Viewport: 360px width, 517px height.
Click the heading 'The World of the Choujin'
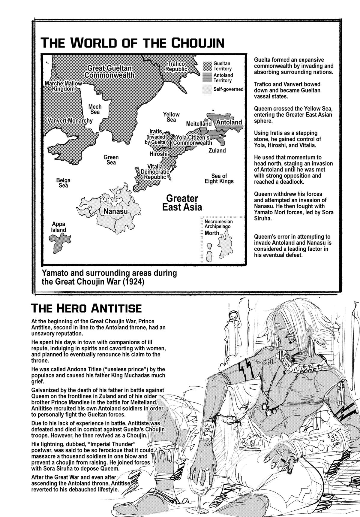132,43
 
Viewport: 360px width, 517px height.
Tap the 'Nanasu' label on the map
115,211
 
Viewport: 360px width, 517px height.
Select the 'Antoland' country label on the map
229,122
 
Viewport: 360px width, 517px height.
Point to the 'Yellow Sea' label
171,117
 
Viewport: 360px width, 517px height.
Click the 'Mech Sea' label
95,109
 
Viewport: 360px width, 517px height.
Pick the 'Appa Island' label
58,227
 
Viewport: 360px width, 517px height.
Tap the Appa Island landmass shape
60,243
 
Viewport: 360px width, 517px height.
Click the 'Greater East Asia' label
182,203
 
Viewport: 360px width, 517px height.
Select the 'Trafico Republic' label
176,66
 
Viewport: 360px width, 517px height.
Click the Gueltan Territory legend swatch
207,66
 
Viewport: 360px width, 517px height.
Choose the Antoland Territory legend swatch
207,77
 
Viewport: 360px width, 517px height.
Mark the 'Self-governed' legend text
228,89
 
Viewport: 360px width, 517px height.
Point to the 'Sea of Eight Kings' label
219,178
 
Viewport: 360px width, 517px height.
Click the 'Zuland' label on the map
217,150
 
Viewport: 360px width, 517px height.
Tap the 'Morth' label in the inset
211,233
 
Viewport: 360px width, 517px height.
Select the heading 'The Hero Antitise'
86,308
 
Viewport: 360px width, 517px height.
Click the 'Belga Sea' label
63,183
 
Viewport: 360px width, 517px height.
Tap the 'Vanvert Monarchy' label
70,121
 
